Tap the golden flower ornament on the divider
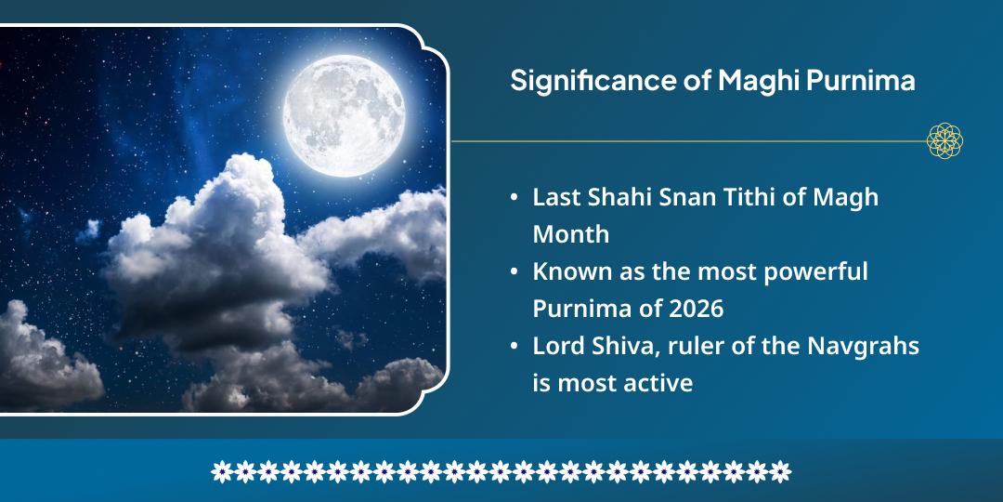click(944, 140)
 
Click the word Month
click(570, 234)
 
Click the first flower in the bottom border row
click(221, 471)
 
